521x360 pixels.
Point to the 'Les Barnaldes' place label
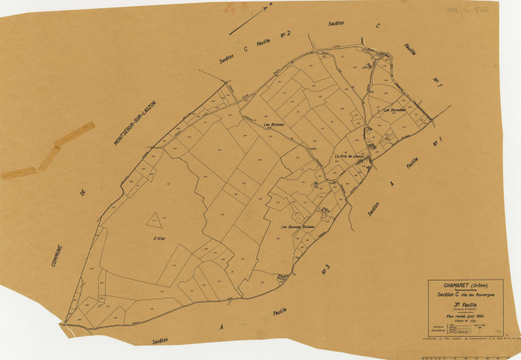point(394,110)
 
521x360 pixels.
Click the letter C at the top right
point(379,27)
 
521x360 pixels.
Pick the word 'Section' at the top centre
point(336,23)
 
